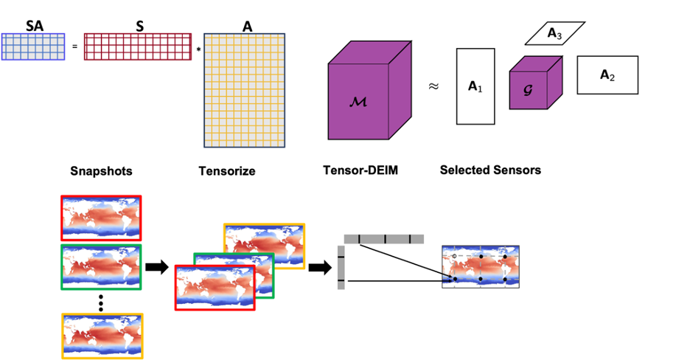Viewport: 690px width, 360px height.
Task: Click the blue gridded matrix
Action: pos(33,46)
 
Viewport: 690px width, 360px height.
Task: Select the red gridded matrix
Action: pos(138,46)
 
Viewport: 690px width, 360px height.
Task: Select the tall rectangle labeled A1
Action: pos(474,86)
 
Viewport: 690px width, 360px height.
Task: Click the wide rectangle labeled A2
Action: pos(607,75)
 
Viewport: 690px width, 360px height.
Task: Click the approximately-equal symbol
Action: pos(433,86)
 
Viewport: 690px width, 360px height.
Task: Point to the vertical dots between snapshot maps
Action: pos(101,302)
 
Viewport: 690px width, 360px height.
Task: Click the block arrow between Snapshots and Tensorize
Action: pos(157,267)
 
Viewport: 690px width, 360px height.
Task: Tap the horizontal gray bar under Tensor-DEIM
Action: pos(383,239)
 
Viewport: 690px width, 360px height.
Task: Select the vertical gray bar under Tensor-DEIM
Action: pos(341,268)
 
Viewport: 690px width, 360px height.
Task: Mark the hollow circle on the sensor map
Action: pos(455,256)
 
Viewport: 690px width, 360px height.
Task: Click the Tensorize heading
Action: pos(227,171)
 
